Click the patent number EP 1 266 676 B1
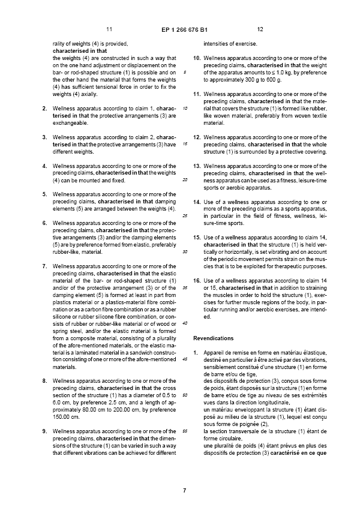[x=184, y=29]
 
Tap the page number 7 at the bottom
[x=185, y=490]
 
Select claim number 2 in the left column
[x=43, y=108]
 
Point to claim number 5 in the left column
[x=43, y=194]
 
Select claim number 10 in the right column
[x=197, y=58]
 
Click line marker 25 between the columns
[x=185, y=216]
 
